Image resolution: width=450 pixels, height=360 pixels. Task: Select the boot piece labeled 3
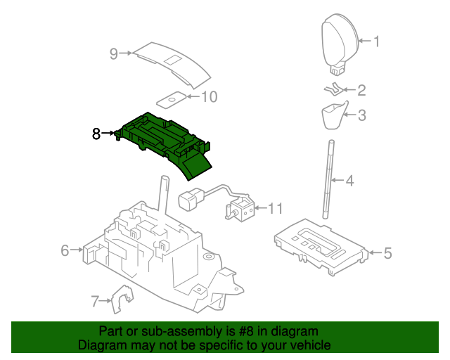click(333, 115)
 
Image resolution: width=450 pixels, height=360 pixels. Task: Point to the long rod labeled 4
click(328, 181)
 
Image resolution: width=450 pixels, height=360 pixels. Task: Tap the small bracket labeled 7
click(122, 301)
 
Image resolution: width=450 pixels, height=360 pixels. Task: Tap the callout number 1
click(375, 41)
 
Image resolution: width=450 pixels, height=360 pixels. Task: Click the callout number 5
click(387, 253)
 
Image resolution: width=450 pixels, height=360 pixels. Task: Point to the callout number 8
click(97, 133)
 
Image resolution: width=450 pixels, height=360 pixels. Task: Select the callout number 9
click(113, 53)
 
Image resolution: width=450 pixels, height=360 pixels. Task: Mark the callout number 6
click(65, 250)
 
